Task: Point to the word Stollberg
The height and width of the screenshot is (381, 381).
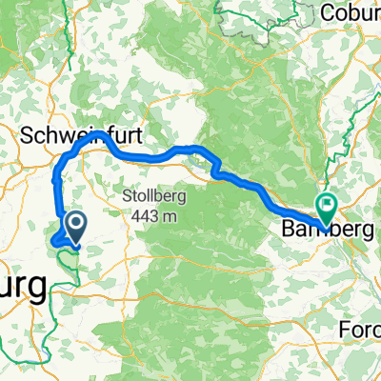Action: (x=153, y=197)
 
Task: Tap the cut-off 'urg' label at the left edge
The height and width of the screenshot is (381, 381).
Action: (x=21, y=285)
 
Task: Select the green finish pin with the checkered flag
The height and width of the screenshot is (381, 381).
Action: (x=328, y=204)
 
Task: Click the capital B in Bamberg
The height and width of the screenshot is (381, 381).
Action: (x=288, y=230)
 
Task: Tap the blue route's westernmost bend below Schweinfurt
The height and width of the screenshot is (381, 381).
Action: (x=55, y=177)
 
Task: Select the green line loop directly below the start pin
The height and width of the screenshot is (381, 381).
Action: (x=67, y=254)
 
